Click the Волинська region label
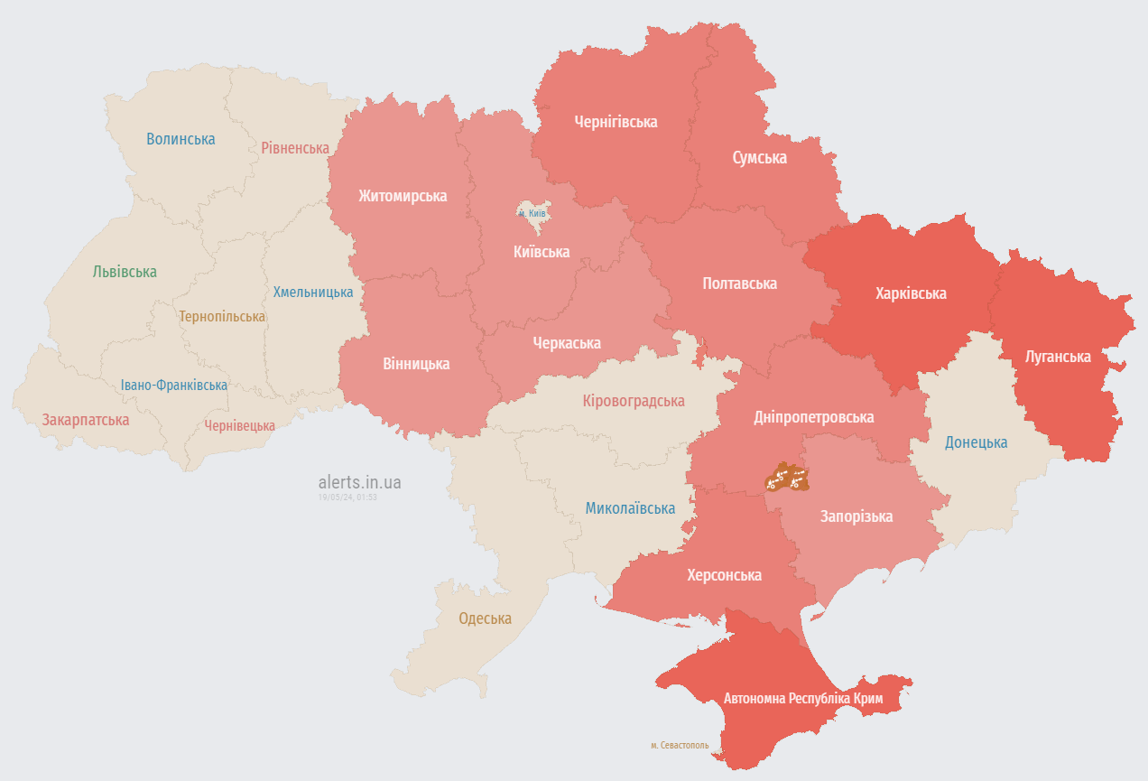click(181, 139)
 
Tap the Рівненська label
click(294, 147)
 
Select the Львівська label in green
click(125, 272)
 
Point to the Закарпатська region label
click(85, 420)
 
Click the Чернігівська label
click(616, 122)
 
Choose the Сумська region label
click(759, 158)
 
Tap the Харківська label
click(911, 293)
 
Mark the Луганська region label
click(1058, 357)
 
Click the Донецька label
click(976, 442)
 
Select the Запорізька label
click(856, 516)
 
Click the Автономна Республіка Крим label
click(802, 699)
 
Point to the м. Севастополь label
click(679, 746)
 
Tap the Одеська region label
click(485, 618)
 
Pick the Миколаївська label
click(630, 508)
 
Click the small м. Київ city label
click(532, 213)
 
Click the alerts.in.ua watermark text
click(359, 482)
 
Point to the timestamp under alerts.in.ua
click(347, 497)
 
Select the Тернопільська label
click(222, 317)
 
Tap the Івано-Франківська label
click(174, 386)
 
